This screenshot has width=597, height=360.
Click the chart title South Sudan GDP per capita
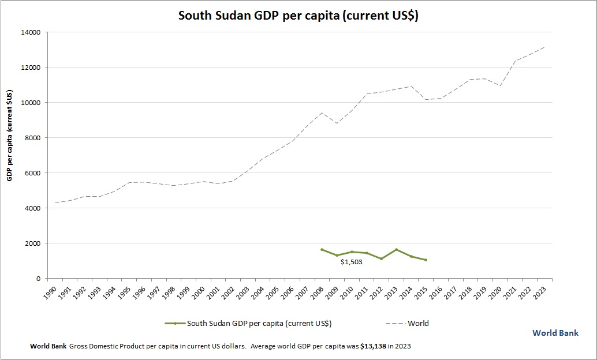(298, 16)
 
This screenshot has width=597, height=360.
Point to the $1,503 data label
(351, 262)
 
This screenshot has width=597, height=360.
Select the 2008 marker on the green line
(322, 250)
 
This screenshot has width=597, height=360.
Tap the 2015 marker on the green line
(426, 260)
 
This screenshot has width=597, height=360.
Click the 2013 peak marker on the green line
(396, 250)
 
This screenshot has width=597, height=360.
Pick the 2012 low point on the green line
(381, 259)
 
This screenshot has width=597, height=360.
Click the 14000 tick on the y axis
(31, 32)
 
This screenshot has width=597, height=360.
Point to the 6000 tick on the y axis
(32, 173)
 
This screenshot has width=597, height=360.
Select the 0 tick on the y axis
(38, 279)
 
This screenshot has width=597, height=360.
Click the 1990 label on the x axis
(50, 291)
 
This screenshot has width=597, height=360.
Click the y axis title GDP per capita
(10, 135)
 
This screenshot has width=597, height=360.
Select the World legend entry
(418, 323)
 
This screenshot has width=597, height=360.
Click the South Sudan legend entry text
(259, 323)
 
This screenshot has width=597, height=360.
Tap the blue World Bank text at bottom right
(555, 333)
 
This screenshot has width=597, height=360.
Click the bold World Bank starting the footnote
(48, 347)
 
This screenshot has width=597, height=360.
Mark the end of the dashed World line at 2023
(544, 47)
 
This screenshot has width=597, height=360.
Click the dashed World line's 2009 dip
(337, 123)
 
